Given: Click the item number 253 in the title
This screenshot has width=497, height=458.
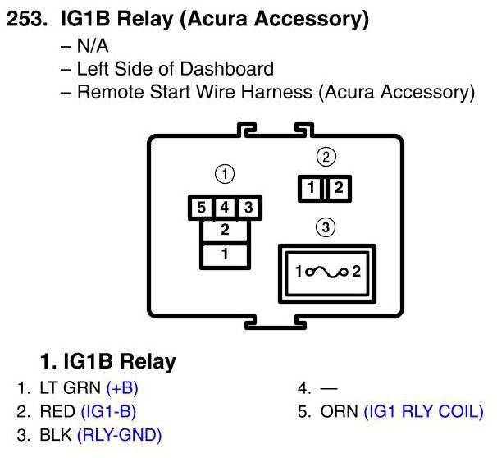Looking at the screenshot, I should (x=29, y=18).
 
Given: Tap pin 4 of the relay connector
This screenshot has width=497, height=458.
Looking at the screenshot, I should (x=223, y=208).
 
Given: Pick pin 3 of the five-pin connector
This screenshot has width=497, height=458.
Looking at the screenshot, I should (x=248, y=208).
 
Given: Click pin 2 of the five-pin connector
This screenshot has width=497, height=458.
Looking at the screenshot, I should (x=224, y=231).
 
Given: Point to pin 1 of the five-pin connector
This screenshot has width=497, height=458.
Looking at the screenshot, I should (x=224, y=255).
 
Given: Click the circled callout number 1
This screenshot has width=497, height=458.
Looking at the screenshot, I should (x=223, y=173).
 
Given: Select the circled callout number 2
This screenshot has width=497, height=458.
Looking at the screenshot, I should (x=326, y=155).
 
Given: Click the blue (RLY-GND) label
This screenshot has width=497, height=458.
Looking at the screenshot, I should (x=119, y=435).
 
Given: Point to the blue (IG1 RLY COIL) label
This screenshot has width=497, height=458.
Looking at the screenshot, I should (x=423, y=412).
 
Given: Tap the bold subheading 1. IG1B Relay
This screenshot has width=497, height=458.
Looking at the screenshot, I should (x=107, y=360).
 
